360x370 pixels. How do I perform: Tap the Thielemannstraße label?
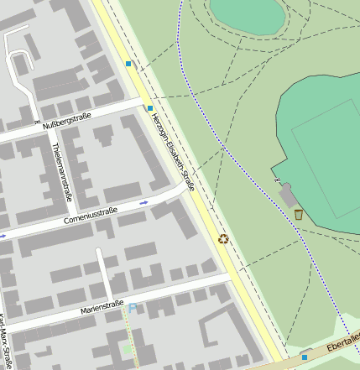59,171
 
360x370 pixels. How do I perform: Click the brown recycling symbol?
223,239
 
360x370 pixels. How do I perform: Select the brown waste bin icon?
299,215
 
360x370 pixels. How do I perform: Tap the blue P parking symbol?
132,310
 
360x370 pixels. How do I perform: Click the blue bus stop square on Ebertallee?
304,356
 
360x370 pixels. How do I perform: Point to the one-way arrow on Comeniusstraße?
143,203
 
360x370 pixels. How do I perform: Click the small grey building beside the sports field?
287,195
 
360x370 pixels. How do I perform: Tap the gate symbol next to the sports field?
277,181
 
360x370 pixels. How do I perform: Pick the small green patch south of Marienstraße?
128,348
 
